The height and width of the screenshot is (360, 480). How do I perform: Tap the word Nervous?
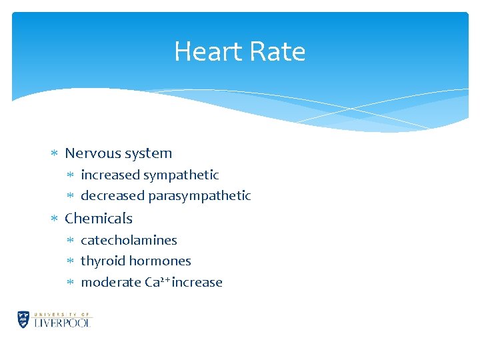(91, 153)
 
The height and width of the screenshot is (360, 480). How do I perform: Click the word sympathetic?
(181, 175)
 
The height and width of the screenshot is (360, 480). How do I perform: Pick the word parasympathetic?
(199, 196)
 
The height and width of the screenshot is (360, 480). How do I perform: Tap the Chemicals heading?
(99, 219)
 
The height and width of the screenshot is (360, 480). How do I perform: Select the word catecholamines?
(129, 240)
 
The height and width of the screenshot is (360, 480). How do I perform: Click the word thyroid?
(101, 261)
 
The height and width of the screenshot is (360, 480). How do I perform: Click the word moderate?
(111, 283)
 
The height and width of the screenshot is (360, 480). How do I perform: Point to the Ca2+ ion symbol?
(157, 282)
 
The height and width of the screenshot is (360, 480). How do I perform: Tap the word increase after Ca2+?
(197, 283)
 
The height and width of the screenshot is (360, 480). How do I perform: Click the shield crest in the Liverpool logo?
(24, 319)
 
